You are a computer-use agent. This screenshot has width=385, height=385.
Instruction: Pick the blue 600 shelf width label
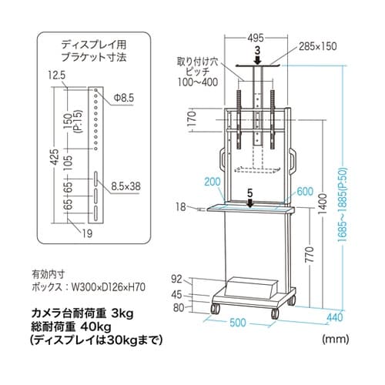pos(304,192)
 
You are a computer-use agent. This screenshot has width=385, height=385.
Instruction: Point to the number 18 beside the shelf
pos(180,207)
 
